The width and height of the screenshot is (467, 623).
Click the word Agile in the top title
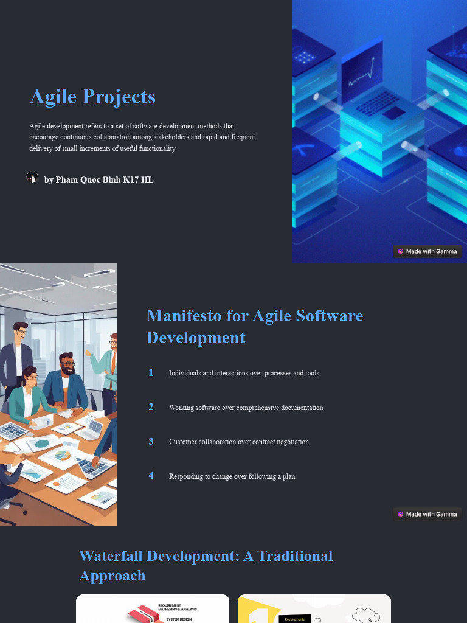pos(53,97)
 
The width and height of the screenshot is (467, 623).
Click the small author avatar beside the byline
pos(32,178)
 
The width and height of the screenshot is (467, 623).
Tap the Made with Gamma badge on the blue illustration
pos(427,251)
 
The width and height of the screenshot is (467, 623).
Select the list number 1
pos(151,372)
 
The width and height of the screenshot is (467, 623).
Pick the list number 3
pos(151,441)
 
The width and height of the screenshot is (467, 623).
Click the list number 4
pos(151,476)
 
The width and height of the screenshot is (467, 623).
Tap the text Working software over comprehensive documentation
pos(246,408)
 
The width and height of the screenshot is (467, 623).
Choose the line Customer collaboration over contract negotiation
pos(238,442)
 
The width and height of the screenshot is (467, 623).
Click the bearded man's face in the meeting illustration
pos(67,366)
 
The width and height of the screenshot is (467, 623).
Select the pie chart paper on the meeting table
pos(61,455)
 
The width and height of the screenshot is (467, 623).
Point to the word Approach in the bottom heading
pos(112,576)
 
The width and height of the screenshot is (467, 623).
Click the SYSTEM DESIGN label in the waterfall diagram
pos(179,619)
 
